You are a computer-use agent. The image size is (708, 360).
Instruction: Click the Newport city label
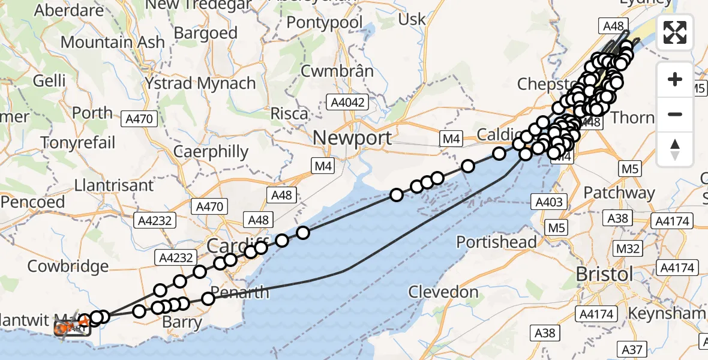[352, 138]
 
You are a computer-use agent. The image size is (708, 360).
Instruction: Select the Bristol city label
[604, 275]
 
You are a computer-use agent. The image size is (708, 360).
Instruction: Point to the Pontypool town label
[325, 23]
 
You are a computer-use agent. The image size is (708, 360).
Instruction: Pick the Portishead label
[497, 242]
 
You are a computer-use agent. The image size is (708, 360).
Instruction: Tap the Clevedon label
[443, 293]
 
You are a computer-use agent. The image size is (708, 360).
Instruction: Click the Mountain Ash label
[113, 43]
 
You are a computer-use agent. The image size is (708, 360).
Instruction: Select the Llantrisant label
[115, 185]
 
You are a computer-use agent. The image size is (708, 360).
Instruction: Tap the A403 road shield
[549, 202]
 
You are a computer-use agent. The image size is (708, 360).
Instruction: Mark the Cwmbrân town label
[337, 71]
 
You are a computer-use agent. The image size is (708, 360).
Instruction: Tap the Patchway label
[619, 193]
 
